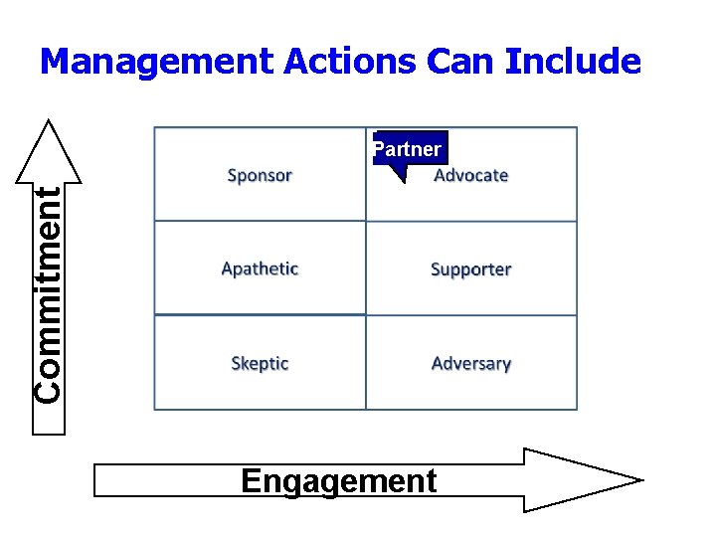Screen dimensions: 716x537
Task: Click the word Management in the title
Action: pyautogui.click(x=157, y=63)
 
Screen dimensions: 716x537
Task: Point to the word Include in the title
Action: pyautogui.click(x=573, y=63)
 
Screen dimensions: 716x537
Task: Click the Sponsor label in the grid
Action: pyautogui.click(x=260, y=176)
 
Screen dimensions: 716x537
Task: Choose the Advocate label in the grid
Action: pyautogui.click(x=471, y=176)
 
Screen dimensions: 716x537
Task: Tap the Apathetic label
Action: pyautogui.click(x=260, y=268)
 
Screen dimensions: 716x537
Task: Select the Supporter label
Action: pyautogui.click(x=471, y=269)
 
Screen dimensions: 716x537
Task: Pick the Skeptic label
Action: pyautogui.click(x=260, y=363)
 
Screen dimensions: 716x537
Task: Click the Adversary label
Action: pyautogui.click(x=471, y=363)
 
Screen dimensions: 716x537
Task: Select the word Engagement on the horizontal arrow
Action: pyautogui.click(x=338, y=481)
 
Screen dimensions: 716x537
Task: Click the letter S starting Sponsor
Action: pyautogui.click(x=233, y=176)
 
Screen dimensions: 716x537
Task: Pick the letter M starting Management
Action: pyautogui.click(x=53, y=63)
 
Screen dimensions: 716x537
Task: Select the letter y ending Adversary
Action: pyautogui.click(x=506, y=365)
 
